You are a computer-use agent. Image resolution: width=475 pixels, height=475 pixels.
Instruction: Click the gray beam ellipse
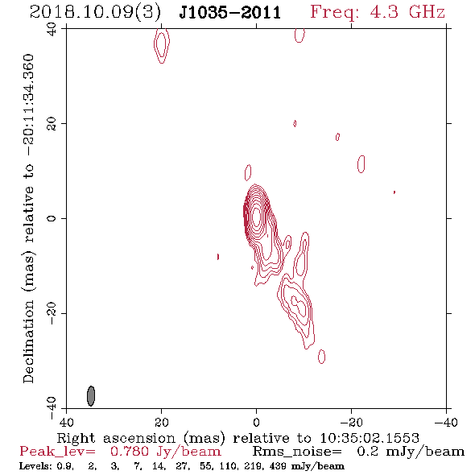[x=91, y=395]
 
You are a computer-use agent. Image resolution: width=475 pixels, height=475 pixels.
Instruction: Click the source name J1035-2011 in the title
[x=230, y=13]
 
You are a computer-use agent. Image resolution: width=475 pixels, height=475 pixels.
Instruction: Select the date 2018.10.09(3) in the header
[x=95, y=13]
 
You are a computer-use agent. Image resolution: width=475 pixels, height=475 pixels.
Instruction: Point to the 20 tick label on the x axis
[x=161, y=422]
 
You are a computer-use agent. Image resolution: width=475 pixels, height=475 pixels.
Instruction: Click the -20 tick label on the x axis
[x=351, y=422]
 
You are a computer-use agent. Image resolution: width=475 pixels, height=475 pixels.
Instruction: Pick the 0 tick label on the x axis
[x=256, y=422]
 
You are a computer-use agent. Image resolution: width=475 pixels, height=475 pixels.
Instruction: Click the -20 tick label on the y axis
[x=52, y=313]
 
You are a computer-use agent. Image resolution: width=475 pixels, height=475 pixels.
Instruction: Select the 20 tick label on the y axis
[x=52, y=124]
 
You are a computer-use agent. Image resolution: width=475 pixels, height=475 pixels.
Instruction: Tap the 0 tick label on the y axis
[x=52, y=218]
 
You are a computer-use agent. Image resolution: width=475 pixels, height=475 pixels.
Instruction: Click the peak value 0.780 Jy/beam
[x=166, y=452]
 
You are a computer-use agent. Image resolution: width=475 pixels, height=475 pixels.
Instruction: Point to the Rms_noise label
[x=297, y=452]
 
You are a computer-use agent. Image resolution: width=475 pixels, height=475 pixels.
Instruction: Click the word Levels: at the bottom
[x=35, y=466]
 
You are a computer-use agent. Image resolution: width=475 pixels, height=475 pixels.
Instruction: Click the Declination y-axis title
[x=28, y=218]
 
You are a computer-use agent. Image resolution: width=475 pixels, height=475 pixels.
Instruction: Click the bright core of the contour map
[x=256, y=217]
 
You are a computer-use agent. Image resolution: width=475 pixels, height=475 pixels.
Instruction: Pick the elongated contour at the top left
[x=162, y=45]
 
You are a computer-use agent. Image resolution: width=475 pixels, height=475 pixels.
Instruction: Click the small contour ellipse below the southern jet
[x=322, y=357]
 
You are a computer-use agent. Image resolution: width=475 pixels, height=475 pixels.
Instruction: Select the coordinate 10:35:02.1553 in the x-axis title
[x=370, y=438]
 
